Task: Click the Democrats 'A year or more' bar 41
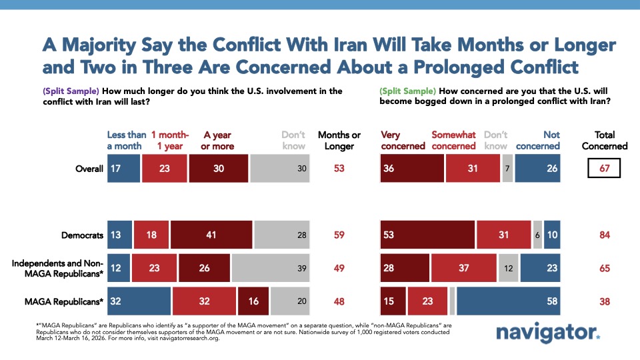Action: [x=211, y=235]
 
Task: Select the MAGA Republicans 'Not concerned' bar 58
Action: [x=509, y=301]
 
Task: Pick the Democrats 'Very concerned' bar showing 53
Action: [x=427, y=235]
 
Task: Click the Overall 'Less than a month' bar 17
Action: [x=123, y=169]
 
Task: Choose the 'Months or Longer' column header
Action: [x=339, y=141]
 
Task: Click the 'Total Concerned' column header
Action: [x=605, y=141]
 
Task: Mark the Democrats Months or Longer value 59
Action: [x=339, y=235]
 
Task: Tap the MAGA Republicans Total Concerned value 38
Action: [x=605, y=301]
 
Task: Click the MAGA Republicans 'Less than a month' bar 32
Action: [x=139, y=301]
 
